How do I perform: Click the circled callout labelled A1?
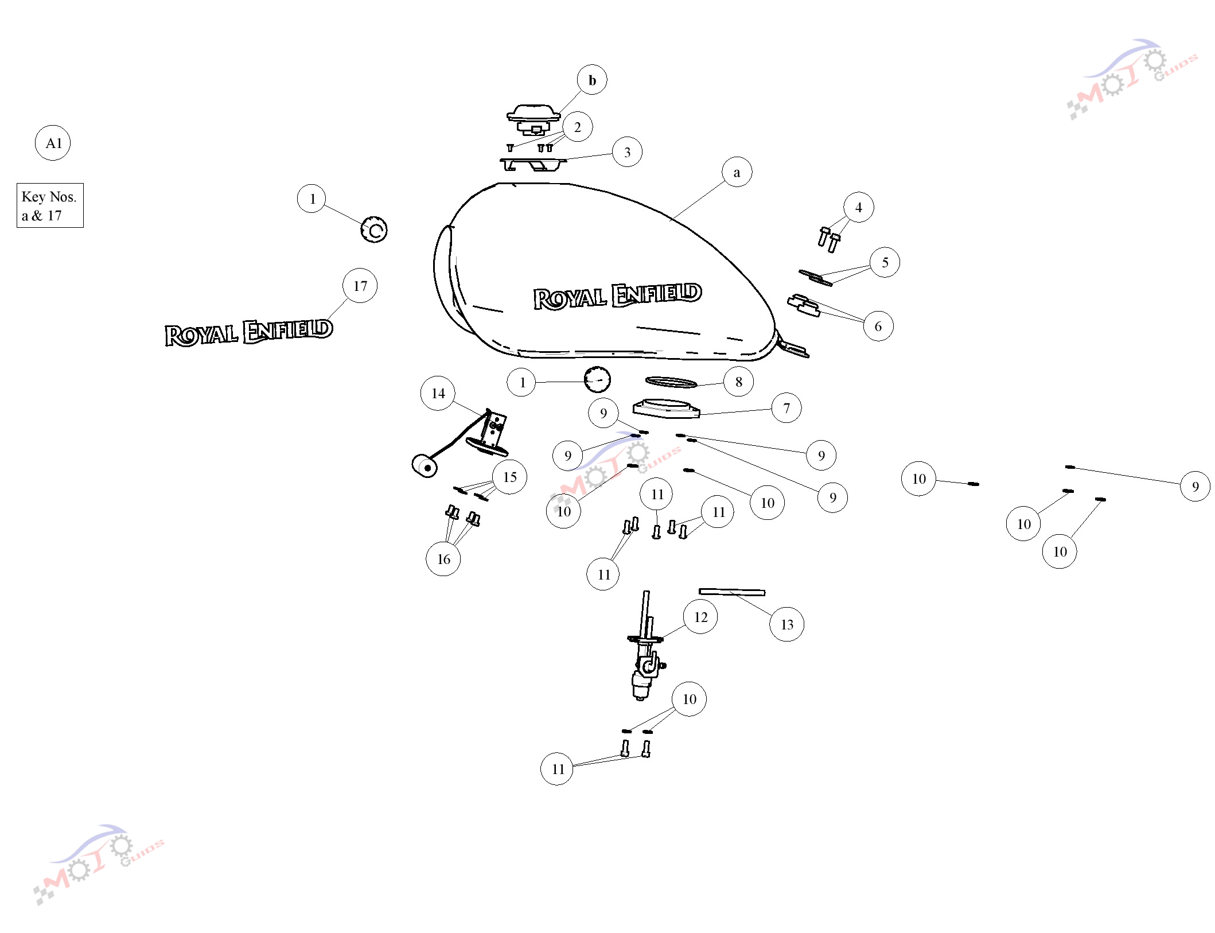click(53, 143)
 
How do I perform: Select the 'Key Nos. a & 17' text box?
click(50, 205)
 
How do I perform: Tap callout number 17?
click(360, 285)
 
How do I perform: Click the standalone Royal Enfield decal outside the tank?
click(248, 332)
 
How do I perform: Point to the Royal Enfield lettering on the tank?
click(617, 296)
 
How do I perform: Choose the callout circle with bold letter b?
click(592, 80)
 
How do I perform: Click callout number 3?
click(627, 152)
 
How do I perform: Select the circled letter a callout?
click(737, 172)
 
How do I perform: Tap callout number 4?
click(859, 207)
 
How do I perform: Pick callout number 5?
click(885, 262)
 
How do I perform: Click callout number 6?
click(878, 326)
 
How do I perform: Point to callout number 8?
click(738, 382)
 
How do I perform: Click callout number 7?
click(786, 408)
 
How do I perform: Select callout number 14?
click(438, 393)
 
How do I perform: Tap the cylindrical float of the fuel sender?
click(425, 465)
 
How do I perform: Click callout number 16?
click(443, 559)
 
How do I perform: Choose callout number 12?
click(700, 617)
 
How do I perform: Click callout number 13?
click(786, 624)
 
